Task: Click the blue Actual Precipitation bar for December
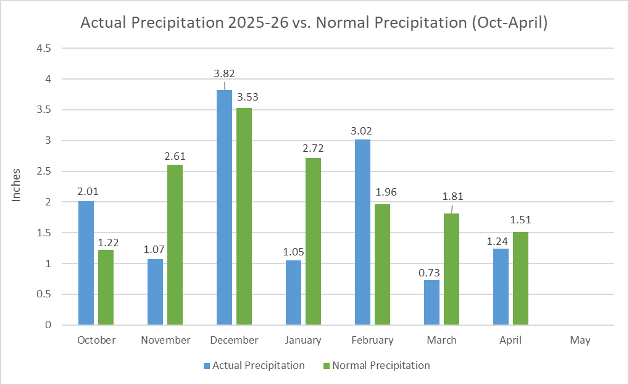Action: pos(225,207)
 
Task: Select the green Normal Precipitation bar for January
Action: pos(313,241)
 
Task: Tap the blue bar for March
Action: pos(432,302)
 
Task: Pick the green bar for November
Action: pos(175,244)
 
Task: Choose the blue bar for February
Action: pos(363,232)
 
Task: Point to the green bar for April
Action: pos(520,278)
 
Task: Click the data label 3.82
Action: pos(224,73)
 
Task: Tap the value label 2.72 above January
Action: pos(313,149)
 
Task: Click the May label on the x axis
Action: pos(580,341)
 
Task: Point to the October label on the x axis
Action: pos(96,341)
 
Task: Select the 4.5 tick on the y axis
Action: pos(45,48)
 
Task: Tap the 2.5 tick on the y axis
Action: pos(45,172)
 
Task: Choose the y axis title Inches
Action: pos(17,184)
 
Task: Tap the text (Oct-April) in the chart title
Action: pos(508,23)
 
